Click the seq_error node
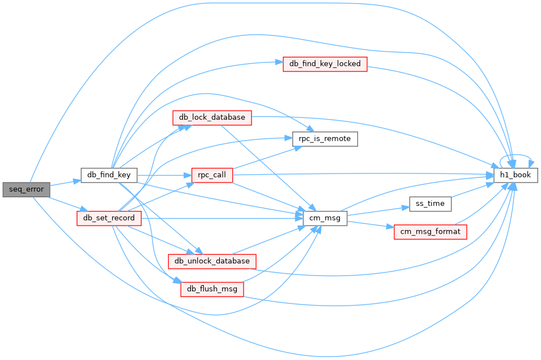click(26, 189)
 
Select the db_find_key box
click(109, 175)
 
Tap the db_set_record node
click(109, 218)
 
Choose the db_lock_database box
click(212, 118)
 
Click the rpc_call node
click(212, 175)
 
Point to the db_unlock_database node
click(212, 261)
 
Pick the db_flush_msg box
click(212, 289)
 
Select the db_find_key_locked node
click(325, 64)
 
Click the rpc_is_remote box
click(325, 139)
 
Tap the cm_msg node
click(325, 218)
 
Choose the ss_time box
click(430, 204)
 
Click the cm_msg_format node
click(430, 232)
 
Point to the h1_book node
click(516, 175)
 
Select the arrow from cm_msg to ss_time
click(378, 211)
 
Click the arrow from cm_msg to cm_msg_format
click(370, 225)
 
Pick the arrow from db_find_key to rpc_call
click(164, 175)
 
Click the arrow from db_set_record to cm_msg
click(222, 218)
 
